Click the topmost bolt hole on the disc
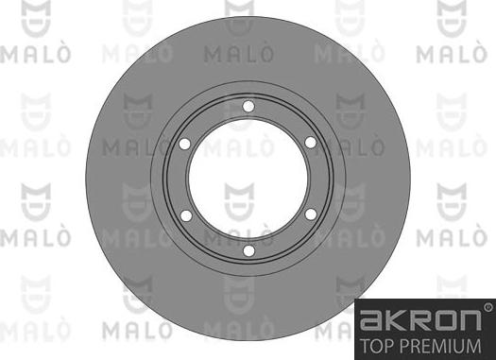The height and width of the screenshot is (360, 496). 247,107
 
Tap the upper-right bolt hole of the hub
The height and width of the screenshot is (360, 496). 309,143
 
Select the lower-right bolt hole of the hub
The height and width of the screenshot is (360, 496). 309,215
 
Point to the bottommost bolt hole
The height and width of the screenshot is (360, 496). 247,251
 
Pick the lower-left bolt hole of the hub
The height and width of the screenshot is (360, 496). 185,215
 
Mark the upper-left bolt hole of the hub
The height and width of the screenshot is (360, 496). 184,143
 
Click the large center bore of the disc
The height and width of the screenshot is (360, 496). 247,180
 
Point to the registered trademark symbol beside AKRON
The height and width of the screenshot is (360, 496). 487,307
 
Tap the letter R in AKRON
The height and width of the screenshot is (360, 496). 424,321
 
